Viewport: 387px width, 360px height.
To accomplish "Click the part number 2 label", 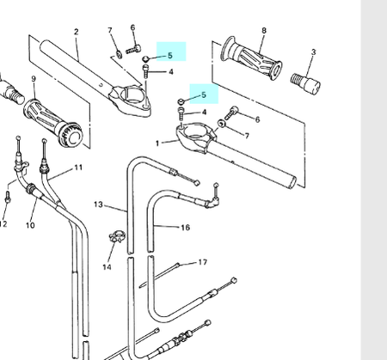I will (76, 32).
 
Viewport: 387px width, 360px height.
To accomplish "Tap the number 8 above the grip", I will (263, 31).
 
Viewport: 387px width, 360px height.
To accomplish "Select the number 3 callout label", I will (313, 52).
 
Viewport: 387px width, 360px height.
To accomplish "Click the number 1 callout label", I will (157, 143).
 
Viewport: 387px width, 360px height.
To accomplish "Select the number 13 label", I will (98, 204).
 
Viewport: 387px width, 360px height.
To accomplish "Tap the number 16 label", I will (185, 228).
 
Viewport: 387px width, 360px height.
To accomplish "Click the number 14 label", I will (107, 267).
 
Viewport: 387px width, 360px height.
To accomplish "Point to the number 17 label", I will (203, 262).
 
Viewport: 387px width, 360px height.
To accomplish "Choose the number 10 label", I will (30, 226).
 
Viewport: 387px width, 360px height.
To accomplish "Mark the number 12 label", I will (3, 224).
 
